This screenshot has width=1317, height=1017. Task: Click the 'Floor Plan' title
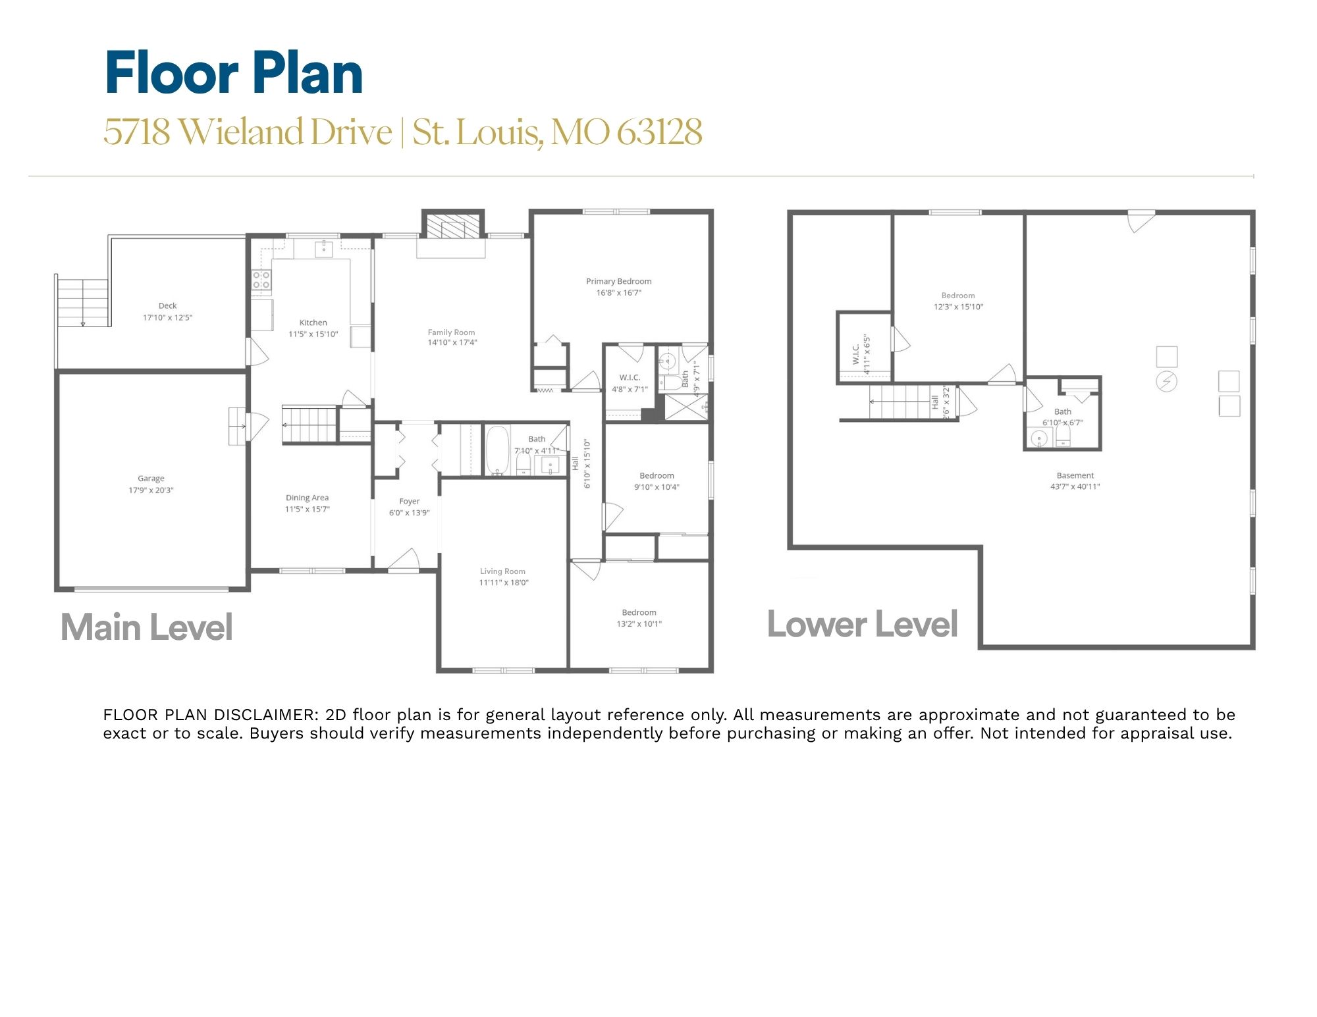234,73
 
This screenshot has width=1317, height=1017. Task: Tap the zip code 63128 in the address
659,132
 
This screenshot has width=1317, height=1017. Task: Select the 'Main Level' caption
147,627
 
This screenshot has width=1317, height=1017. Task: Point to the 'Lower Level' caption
863,624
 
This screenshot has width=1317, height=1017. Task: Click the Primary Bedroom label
619,281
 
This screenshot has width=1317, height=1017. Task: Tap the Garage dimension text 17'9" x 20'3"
151,490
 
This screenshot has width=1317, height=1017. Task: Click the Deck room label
168,305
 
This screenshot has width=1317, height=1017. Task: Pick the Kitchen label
313,323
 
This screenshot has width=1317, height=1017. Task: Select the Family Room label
452,332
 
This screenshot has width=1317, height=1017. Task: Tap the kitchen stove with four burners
261,280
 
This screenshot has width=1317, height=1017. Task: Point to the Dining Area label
308,498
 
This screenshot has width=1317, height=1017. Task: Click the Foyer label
410,501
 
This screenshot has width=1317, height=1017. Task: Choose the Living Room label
503,571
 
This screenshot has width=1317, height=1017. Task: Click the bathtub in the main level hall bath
498,450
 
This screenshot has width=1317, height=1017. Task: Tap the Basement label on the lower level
1075,475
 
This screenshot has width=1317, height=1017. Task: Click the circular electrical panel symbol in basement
1167,381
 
